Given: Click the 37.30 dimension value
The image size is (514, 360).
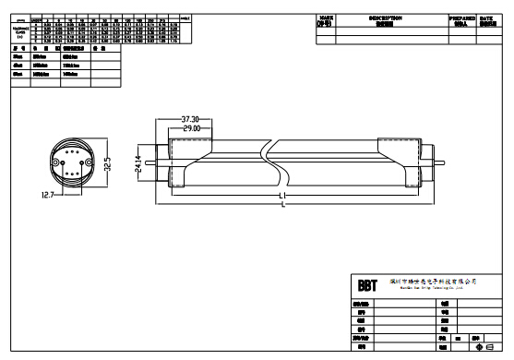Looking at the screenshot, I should click(x=191, y=119).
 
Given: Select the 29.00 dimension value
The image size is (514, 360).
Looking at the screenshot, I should click(x=191, y=127).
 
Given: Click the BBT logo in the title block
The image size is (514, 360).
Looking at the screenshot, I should click(x=366, y=283).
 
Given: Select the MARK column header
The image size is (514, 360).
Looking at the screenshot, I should click(x=326, y=19).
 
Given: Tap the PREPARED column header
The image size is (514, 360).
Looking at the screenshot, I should click(x=462, y=19).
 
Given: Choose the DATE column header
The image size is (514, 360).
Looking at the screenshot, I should click(x=490, y=19).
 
